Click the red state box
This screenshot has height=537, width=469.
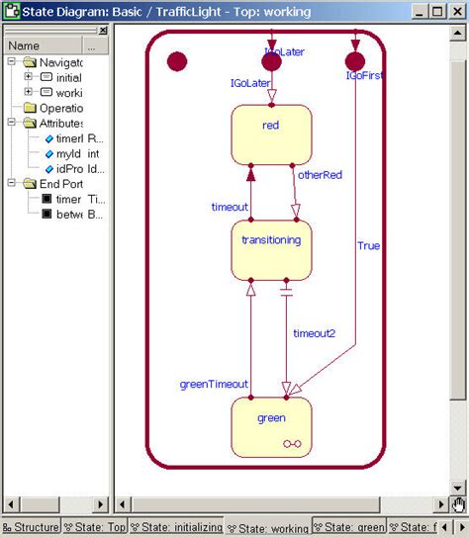pos(271,134)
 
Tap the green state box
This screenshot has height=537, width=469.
pos(271,425)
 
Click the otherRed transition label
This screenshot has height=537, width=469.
pos(320,175)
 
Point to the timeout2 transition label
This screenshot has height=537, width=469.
pos(314,333)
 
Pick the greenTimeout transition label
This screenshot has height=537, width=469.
pos(213,384)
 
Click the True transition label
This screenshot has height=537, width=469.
pos(368,245)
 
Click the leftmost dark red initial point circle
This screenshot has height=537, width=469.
pos(177,61)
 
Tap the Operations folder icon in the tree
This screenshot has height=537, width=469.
pos(30,107)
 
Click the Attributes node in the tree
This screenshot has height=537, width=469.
pos(60,123)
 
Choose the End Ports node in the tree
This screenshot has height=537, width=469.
pos(60,183)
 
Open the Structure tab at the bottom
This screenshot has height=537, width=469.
pos(31,527)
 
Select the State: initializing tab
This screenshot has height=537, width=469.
pos(179,527)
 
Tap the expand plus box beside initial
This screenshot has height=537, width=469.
pos(29,77)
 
